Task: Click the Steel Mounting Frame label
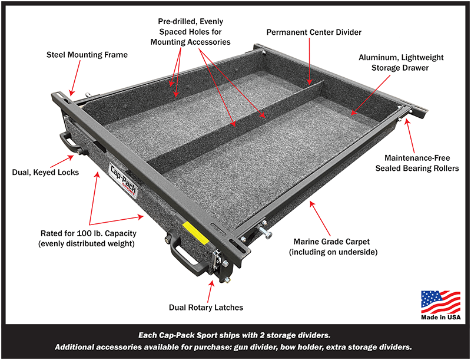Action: tap(87, 55)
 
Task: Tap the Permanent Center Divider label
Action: tap(313, 32)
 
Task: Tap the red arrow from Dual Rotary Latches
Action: tap(213, 290)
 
